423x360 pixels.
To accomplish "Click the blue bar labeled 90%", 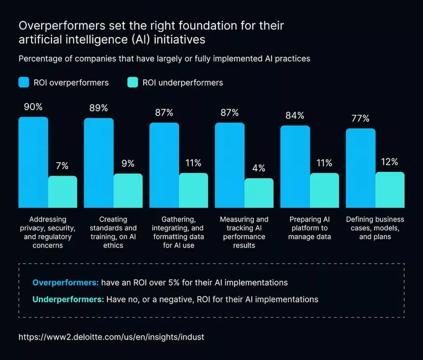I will click(x=33, y=162).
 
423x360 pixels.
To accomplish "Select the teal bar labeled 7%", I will click(x=62, y=192).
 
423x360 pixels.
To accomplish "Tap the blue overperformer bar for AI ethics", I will click(x=98, y=163).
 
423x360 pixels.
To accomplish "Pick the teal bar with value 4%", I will click(x=259, y=193).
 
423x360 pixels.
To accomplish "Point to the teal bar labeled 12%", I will click(x=390, y=190).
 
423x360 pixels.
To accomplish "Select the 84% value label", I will click(x=295, y=115).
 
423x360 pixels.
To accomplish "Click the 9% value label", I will click(x=128, y=164).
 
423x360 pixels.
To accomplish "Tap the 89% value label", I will click(x=98, y=108).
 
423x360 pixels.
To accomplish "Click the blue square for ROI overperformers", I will click(x=24, y=82).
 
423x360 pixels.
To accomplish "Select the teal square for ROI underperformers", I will click(x=133, y=82).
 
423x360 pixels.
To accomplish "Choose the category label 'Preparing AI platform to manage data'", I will click(x=310, y=228).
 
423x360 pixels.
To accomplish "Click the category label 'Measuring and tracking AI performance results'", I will click(x=244, y=232).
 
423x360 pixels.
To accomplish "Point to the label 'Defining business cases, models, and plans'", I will click(x=375, y=228).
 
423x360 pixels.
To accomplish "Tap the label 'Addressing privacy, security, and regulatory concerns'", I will click(x=48, y=232).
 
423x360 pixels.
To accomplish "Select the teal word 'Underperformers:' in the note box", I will click(x=68, y=299).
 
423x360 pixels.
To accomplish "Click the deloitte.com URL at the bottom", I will click(x=112, y=337).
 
